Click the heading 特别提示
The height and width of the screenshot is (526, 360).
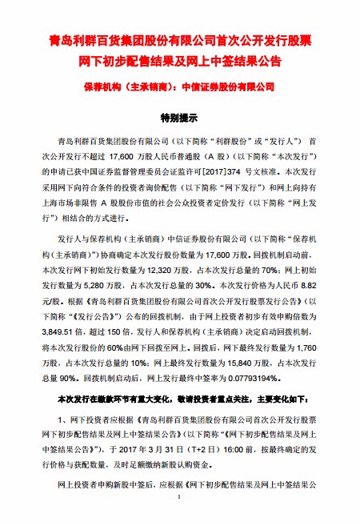pyautogui.click(x=179, y=118)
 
